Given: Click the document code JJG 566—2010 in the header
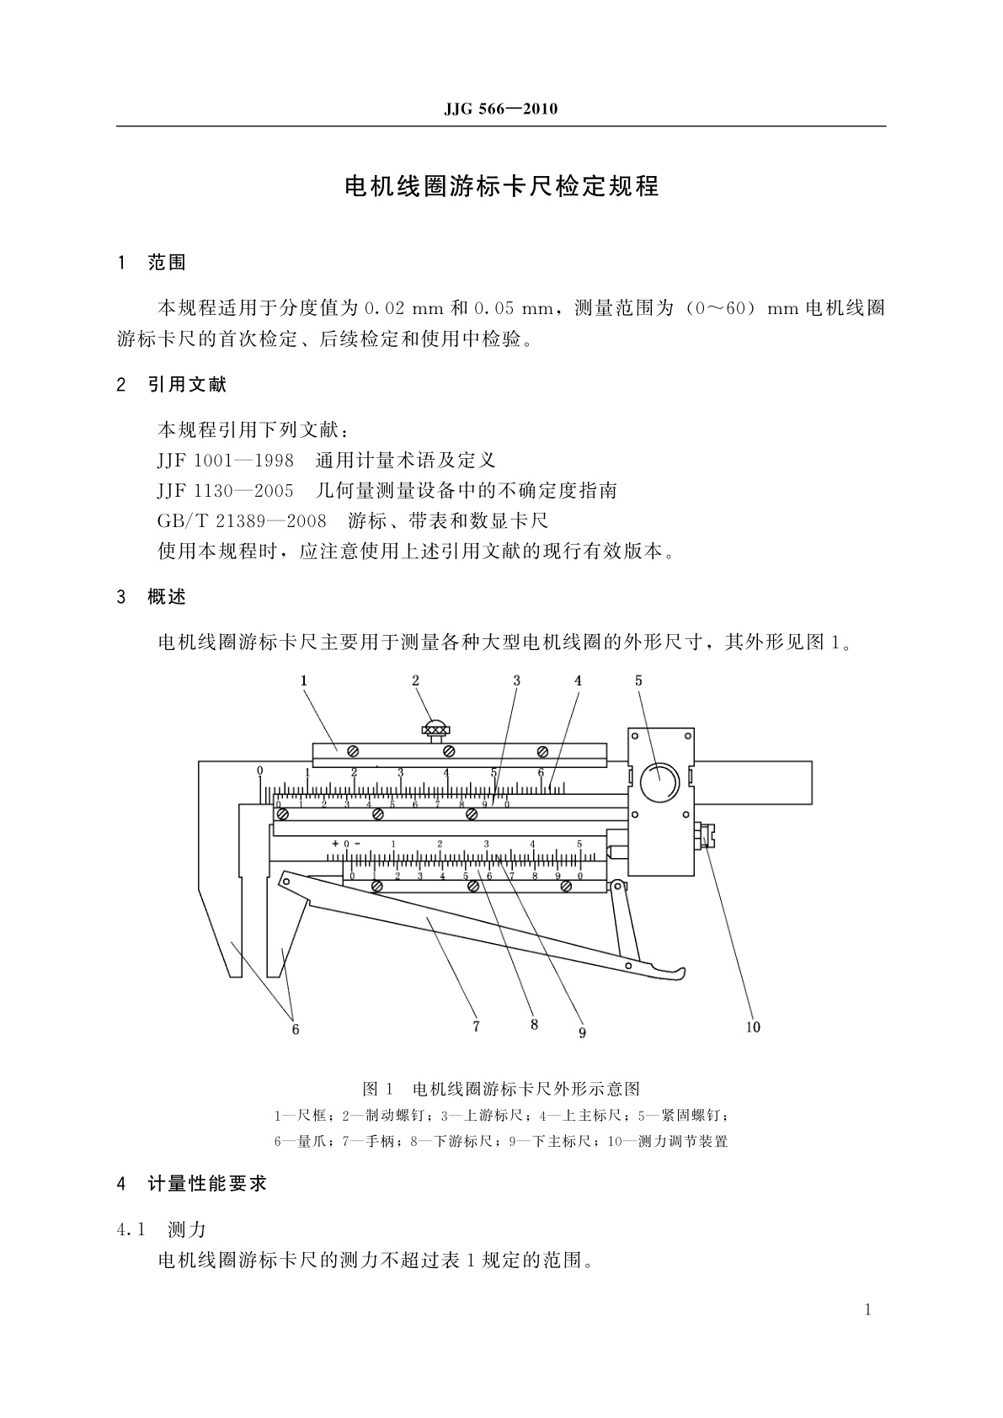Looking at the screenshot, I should [500, 109].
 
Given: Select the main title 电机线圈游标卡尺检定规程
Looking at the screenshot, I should [501, 186].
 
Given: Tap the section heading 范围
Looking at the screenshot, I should [167, 263].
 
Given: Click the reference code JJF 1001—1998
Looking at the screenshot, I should [226, 461].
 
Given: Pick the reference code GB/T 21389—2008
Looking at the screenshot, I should [242, 521].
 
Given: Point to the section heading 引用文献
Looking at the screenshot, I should [187, 385].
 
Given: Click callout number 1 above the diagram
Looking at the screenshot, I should [304, 680].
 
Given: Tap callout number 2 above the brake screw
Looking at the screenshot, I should [415, 680].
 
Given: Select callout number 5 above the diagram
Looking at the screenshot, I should [638, 680].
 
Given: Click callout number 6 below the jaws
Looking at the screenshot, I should [296, 1029].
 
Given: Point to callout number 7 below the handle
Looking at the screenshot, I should [476, 1026].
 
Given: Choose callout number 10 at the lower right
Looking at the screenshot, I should [752, 1026].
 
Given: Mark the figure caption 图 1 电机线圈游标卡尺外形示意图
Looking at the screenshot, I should [501, 1088].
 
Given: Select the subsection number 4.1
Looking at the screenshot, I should [132, 1230].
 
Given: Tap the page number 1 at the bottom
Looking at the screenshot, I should [868, 1309].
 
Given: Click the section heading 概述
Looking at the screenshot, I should [167, 597].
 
